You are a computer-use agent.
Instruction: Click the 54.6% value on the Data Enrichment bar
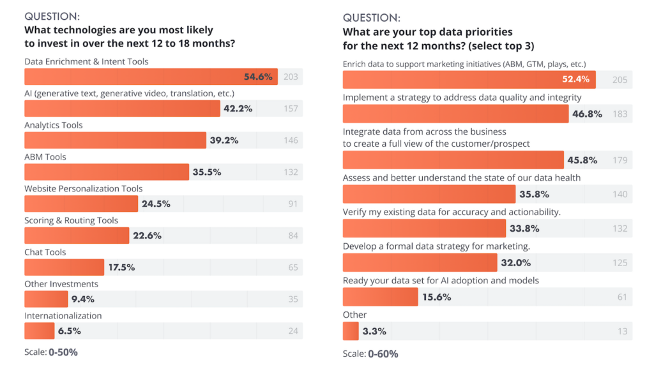258,77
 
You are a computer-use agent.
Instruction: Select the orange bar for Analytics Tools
115,140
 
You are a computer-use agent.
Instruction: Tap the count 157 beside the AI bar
291,109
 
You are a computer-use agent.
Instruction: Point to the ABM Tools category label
45,156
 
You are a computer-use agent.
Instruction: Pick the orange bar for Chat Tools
64,267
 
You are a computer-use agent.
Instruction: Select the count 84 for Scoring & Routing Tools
293,236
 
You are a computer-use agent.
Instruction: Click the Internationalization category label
63,315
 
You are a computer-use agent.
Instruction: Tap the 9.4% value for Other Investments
83,299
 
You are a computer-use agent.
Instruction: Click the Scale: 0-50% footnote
50,352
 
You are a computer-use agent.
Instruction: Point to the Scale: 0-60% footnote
370,354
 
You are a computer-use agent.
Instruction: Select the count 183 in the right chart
620,114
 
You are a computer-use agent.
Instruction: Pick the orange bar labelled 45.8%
453,160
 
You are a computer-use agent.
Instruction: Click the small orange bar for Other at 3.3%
351,331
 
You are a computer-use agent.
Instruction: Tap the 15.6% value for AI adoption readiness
437,297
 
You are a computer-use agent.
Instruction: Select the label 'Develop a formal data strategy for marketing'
436,246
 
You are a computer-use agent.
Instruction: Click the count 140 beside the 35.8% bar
620,194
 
